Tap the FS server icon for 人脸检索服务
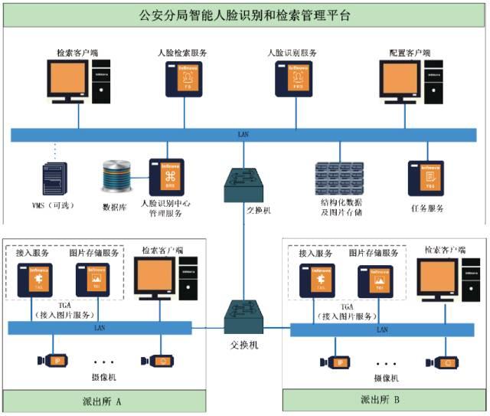click(187, 80)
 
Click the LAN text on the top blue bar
click(243, 135)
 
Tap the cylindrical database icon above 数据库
click(117, 176)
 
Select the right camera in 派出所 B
click(443, 362)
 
